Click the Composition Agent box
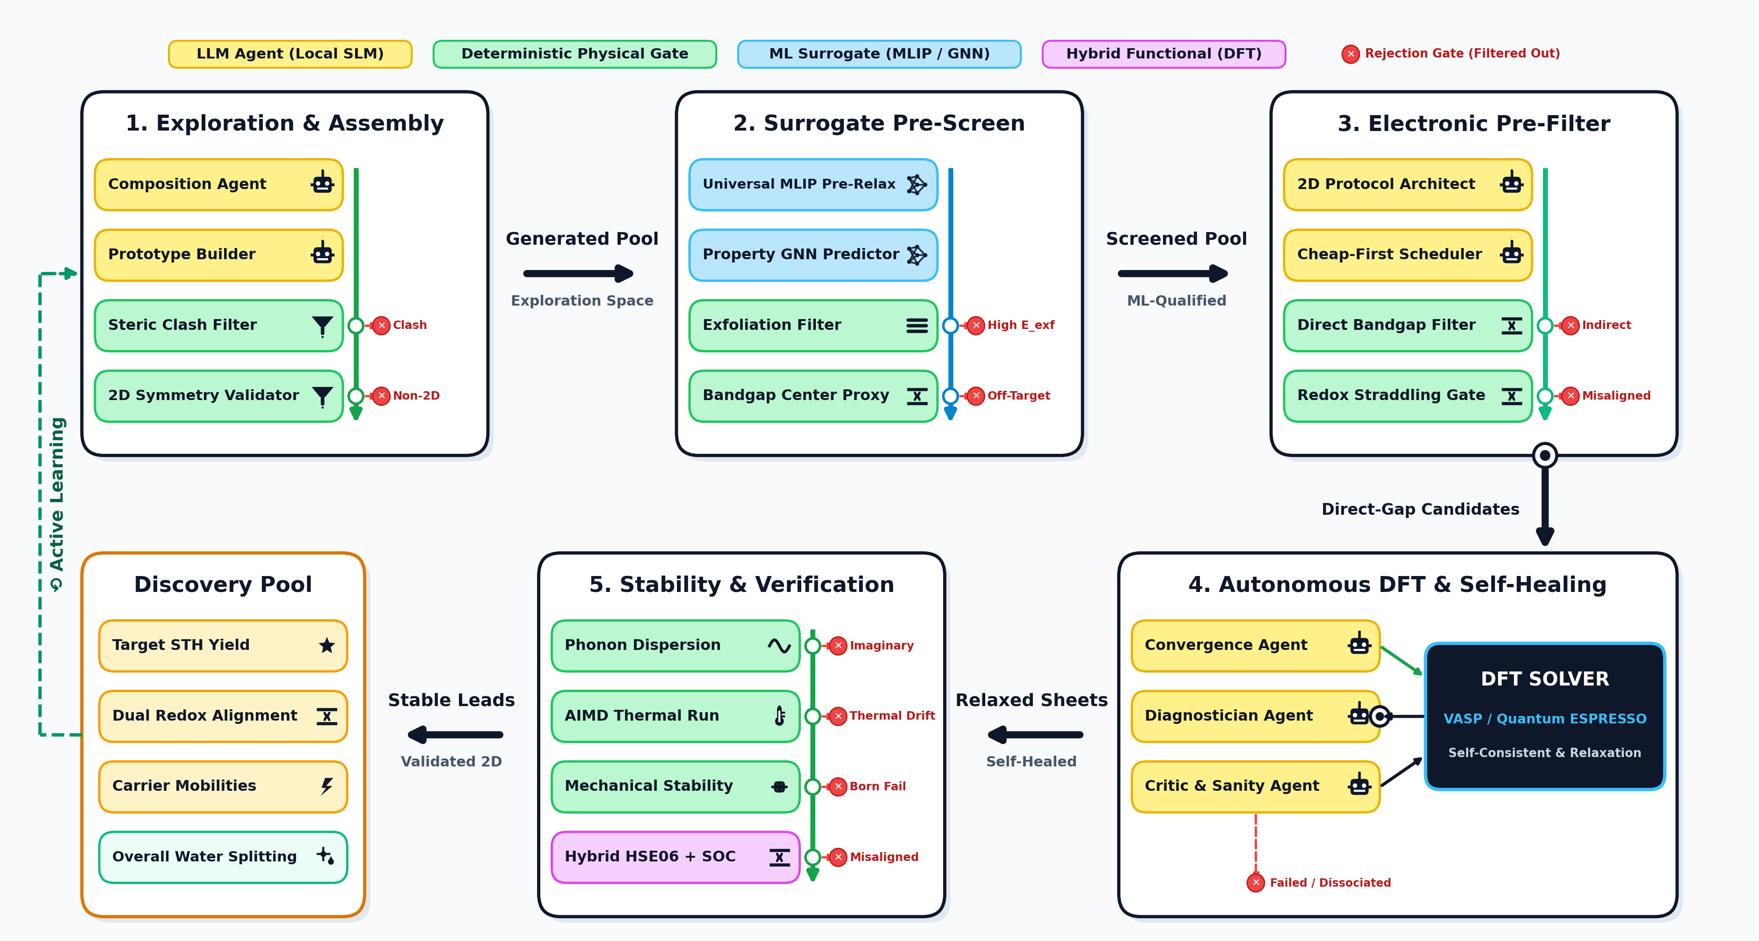tap(218, 184)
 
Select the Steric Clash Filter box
tap(218, 325)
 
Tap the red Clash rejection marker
tap(381, 325)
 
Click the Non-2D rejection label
tap(416, 395)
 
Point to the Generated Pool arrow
tap(578, 274)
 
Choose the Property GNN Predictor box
tap(813, 255)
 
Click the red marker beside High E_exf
tap(976, 325)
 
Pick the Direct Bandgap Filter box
tap(1408, 325)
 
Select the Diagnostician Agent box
tap(1255, 715)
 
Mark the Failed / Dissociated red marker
tap(1255, 882)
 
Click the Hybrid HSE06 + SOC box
tap(676, 857)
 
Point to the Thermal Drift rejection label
tap(892, 715)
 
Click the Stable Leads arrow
tap(456, 735)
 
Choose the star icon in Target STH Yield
tap(327, 645)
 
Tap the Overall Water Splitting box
tap(223, 857)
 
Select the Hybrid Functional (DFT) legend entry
tap(1163, 54)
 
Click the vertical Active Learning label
tap(57, 503)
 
